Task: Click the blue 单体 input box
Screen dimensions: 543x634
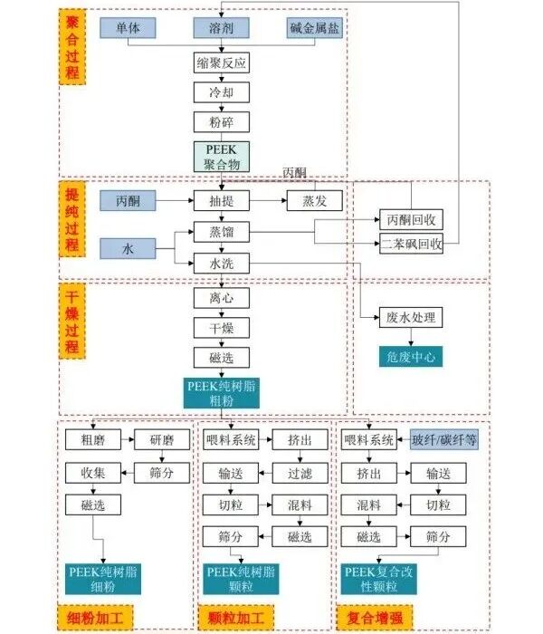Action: tap(128, 28)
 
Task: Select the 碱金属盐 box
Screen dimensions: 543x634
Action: tap(314, 28)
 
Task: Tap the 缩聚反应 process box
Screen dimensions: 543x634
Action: tap(222, 62)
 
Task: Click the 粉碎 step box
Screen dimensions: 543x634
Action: tap(222, 122)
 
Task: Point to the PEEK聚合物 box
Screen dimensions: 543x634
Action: tap(222, 157)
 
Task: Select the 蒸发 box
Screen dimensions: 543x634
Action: tap(315, 200)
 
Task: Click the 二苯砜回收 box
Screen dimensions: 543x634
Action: tap(411, 244)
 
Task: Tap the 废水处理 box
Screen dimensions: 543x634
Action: tap(411, 317)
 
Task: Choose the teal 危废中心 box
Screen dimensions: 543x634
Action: tap(411, 357)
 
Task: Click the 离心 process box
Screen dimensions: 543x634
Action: tap(222, 298)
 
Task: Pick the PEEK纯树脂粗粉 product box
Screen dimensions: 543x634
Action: tap(222, 393)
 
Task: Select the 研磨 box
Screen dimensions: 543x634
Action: tap(162, 439)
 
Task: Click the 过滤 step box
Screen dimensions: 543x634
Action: tap(300, 473)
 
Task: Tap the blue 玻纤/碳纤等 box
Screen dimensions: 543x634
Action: tap(444, 439)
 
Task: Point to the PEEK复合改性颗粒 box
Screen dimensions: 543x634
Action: tap(378, 579)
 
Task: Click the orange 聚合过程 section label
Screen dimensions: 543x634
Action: tap(72, 47)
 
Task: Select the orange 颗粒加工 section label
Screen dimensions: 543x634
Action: tap(236, 618)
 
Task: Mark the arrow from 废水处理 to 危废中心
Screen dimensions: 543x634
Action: tap(411, 337)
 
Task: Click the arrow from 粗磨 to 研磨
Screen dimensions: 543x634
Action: tap(128, 439)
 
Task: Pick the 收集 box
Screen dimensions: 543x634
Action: tap(93, 473)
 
